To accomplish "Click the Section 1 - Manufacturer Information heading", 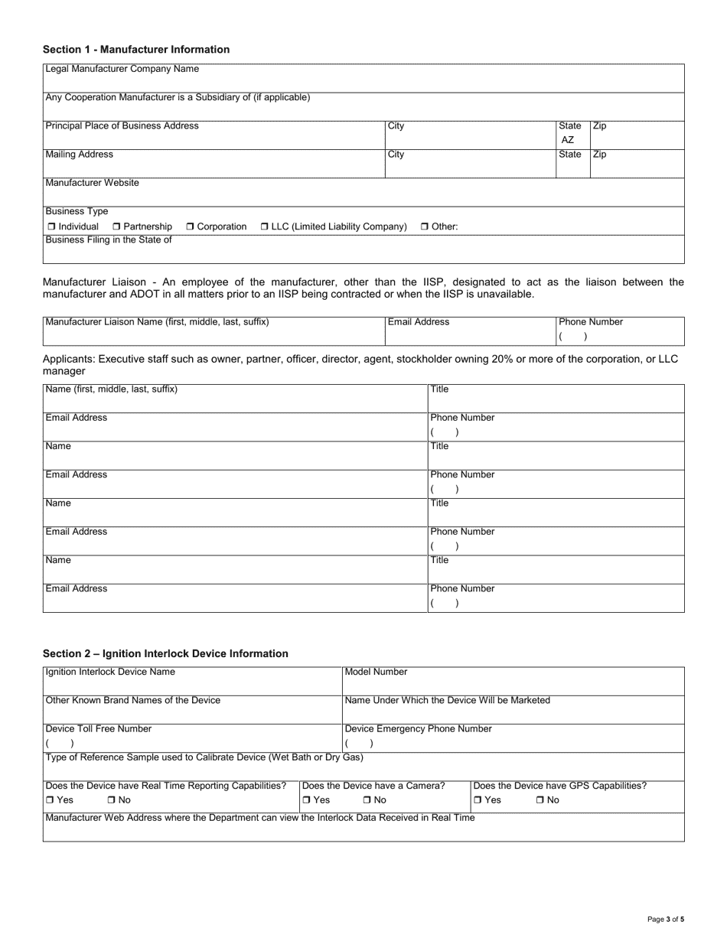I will pos(136,50).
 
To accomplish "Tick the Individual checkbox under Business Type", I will pos(51,227).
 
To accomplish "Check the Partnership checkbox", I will pos(116,227).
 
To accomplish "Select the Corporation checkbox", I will pos(191,227).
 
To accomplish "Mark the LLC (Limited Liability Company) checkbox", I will pos(265,227).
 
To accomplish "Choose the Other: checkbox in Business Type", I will pos(425,227).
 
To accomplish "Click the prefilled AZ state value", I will pos(568,140).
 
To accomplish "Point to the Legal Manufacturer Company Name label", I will pos(122,69).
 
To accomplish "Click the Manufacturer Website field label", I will pos(93,183).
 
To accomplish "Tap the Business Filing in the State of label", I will pos(109,239).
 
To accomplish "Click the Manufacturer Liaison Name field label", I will pos(158,322).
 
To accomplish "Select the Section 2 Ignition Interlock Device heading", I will pos(165,653).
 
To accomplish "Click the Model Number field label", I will pos(377,672).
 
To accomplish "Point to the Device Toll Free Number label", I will pos(99,728).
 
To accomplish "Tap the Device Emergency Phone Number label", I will pos(419,728).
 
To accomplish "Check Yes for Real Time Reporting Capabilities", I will pos(50,800).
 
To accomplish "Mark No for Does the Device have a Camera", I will pos(367,800).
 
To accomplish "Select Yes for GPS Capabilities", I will pos(478,800).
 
